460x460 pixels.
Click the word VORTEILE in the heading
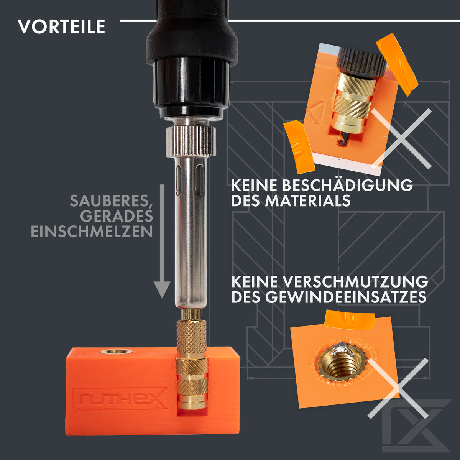tap(61, 26)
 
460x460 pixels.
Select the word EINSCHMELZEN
tap(92, 231)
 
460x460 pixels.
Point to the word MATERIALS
tap(308, 201)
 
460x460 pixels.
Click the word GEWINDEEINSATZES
tap(346, 297)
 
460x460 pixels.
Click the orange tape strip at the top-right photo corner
tap(397, 64)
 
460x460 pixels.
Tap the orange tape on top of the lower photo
tap(350, 320)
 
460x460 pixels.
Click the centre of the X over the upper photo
tap(401, 139)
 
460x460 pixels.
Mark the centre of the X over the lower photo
tap(398, 388)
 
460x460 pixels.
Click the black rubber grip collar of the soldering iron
tap(192, 46)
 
